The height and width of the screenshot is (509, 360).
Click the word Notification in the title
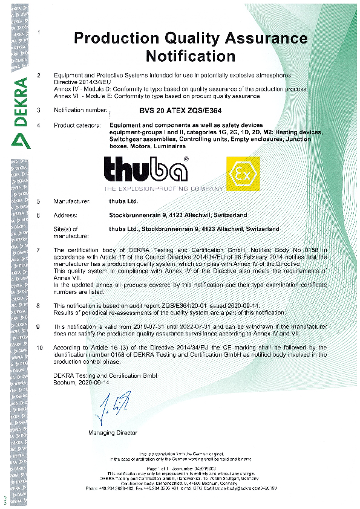(190, 57)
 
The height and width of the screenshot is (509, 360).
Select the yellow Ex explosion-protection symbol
(243, 173)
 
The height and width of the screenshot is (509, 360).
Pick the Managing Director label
(113, 433)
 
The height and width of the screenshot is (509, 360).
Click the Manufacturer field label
(72, 201)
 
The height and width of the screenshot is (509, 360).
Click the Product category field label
(77, 125)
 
